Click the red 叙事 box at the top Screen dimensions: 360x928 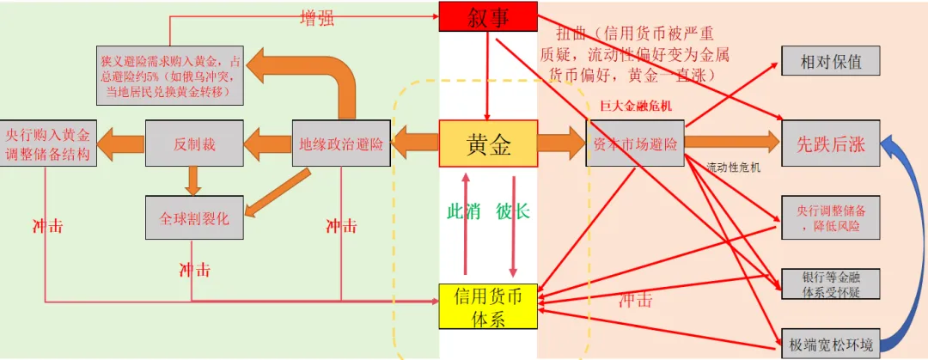coord(488,16)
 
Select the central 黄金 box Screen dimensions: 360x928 coord(488,144)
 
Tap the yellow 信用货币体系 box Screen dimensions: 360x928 coord(488,306)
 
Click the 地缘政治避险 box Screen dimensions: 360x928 coord(341,143)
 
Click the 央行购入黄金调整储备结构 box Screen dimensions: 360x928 coord(46,143)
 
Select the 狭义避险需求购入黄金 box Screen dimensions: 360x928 coord(171,74)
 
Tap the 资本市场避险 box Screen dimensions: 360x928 coord(635,144)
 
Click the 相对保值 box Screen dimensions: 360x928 coord(830,61)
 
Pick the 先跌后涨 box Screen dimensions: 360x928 coord(830,144)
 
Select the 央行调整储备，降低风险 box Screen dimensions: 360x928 coord(830,217)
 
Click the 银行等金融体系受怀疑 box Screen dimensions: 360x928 coord(830,284)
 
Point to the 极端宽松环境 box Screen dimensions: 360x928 coord(830,345)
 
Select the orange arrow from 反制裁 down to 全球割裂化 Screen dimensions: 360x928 coord(192,179)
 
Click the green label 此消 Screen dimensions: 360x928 coord(464,211)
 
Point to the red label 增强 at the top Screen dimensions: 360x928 coord(317,18)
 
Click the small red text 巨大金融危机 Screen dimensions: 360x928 coord(636,105)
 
